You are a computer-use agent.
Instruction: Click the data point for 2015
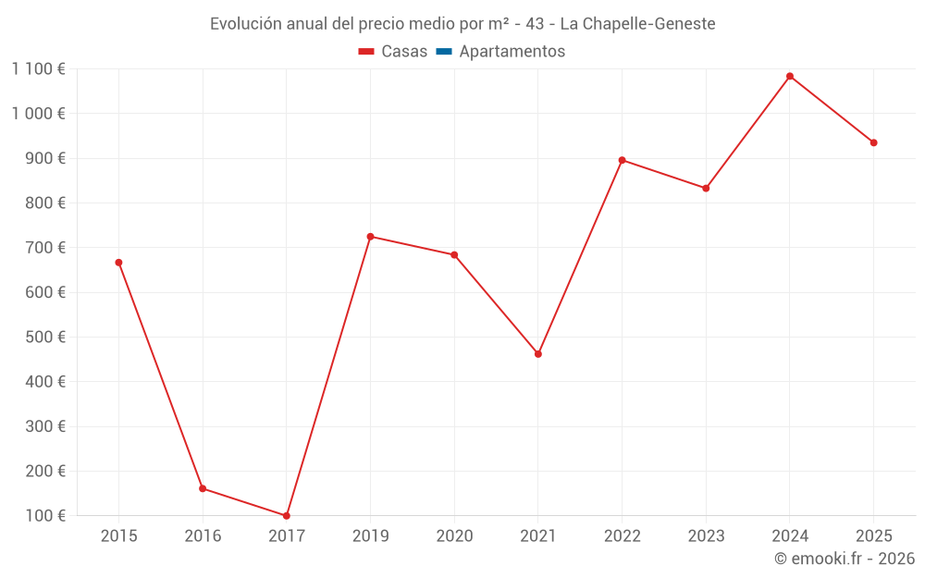point(118,263)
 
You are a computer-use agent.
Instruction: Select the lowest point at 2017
point(287,516)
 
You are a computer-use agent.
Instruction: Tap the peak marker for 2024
point(790,76)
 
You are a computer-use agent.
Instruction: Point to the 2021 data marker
point(538,354)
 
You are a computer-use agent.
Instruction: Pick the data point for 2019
point(370,237)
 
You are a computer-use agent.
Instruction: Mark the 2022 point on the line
point(622,160)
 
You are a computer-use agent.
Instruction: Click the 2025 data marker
point(873,142)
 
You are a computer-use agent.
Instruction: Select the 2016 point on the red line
point(203,488)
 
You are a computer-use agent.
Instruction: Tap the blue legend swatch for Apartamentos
point(444,52)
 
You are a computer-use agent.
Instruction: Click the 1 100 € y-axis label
point(38,68)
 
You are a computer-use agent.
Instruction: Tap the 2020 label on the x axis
point(454,536)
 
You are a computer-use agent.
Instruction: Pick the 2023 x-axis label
point(706,536)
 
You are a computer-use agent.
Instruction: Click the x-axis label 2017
point(287,536)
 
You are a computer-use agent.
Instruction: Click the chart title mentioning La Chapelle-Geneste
point(462,24)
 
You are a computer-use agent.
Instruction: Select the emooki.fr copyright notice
point(845,559)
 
